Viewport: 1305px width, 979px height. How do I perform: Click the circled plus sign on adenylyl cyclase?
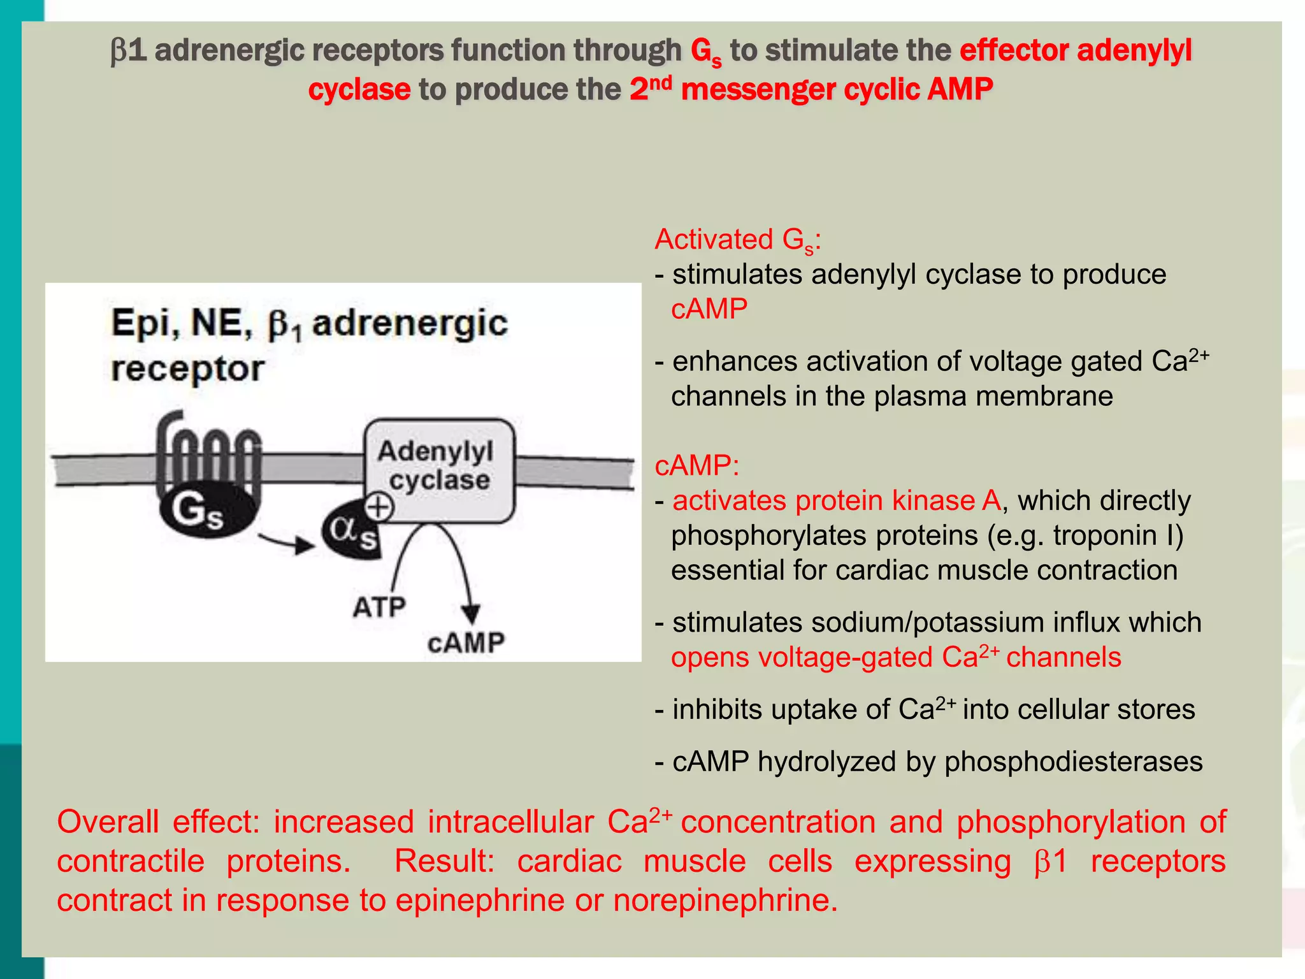click(379, 507)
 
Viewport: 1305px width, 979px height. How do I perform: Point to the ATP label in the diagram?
click(379, 607)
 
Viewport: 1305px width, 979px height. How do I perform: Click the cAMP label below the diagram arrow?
click(466, 642)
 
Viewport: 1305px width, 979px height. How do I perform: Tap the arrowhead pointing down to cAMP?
click(471, 613)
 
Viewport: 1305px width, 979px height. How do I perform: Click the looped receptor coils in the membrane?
click(208, 459)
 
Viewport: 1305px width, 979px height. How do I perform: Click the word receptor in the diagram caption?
click(187, 368)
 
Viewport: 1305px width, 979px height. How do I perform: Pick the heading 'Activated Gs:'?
click(737, 240)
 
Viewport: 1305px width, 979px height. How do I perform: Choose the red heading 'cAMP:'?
click(696, 465)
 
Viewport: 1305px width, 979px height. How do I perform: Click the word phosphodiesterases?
click(1073, 762)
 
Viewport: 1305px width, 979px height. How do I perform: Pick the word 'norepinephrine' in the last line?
click(725, 901)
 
